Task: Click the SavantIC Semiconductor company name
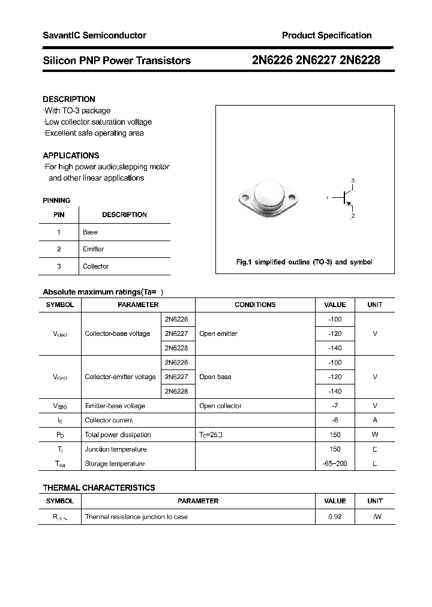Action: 94,36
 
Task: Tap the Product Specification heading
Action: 326,36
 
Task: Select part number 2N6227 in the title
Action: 317,60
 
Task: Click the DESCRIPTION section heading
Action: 69,99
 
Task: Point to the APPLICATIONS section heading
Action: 71,155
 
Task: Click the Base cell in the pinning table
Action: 91,232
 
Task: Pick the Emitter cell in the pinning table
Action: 94,249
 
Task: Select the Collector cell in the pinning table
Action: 96,266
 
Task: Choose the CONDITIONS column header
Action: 255,305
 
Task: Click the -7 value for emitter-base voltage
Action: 335,406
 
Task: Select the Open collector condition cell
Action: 220,406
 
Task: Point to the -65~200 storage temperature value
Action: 335,464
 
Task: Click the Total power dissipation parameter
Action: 118,435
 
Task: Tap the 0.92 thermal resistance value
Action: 335,516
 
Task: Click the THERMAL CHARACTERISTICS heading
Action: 99,488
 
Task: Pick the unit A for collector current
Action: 375,420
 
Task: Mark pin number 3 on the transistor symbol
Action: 353,181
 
